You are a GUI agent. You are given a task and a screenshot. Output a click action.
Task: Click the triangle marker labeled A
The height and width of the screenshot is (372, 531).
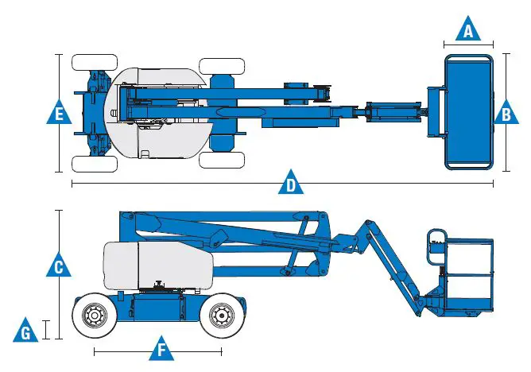(x=468, y=29)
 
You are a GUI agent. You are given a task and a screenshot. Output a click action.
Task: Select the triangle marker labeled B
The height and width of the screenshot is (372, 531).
(x=506, y=113)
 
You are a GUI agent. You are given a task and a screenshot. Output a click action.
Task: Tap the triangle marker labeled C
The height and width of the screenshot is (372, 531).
(x=59, y=265)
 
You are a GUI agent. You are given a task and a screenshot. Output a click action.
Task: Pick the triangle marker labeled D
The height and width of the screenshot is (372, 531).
(x=291, y=183)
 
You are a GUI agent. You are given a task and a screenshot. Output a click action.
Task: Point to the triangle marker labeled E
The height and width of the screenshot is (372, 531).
(x=59, y=112)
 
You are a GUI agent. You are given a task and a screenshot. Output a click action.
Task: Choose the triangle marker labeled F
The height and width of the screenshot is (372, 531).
(x=161, y=349)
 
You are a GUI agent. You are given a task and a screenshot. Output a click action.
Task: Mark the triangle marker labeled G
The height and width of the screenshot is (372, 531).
(x=25, y=331)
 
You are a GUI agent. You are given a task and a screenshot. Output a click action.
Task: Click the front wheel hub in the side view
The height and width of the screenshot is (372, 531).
(x=222, y=316)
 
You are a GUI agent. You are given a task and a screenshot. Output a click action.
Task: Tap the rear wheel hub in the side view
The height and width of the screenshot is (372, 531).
(x=95, y=316)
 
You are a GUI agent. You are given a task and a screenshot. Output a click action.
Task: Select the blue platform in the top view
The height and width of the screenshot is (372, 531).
(x=469, y=112)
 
